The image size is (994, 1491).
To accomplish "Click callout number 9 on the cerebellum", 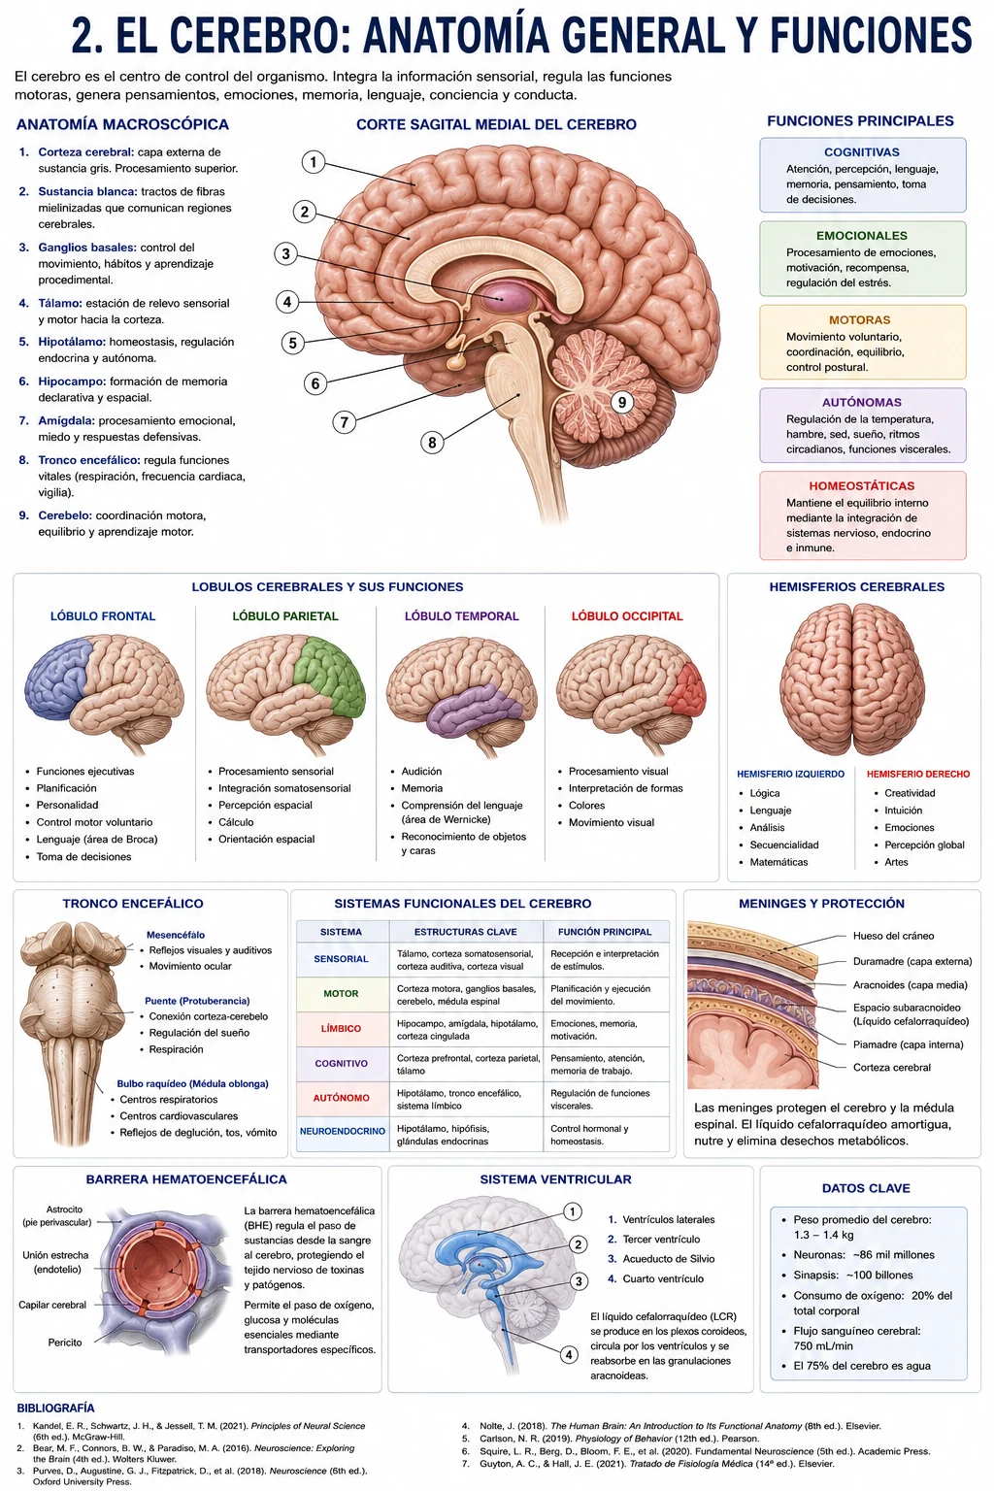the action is click(622, 402).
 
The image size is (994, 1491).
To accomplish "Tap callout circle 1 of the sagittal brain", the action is click(313, 162).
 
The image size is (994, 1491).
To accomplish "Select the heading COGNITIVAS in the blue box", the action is click(862, 152).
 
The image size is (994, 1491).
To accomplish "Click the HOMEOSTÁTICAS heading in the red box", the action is click(862, 486).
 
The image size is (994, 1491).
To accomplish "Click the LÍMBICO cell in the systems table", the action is click(341, 1028).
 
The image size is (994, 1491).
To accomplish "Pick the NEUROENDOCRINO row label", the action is click(343, 1131).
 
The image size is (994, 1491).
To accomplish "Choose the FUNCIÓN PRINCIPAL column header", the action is click(605, 932).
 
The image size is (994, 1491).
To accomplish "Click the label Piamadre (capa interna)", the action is click(909, 1044).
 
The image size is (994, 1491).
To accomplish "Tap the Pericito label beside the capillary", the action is click(65, 1342).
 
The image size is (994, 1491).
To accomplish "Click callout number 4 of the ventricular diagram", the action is click(569, 1354).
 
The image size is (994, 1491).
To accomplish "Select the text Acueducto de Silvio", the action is click(669, 1259).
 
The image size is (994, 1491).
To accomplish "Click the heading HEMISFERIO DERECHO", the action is click(918, 774).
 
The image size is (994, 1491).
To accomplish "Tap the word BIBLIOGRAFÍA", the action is click(56, 1408).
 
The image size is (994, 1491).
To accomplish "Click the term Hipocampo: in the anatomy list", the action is click(72, 381).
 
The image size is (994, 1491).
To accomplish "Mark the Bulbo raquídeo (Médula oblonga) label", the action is click(192, 1083).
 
